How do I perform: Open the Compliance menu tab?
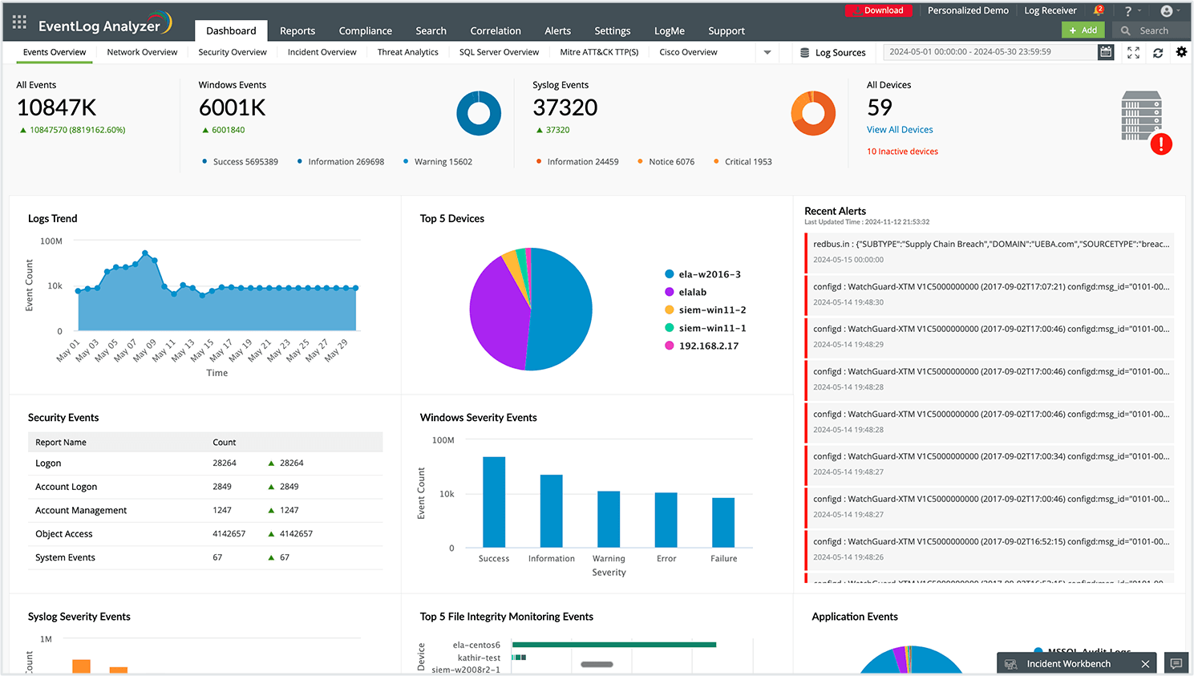coord(365,30)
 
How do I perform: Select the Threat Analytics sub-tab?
coord(407,52)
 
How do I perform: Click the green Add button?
coord(1083,30)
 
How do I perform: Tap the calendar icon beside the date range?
coord(1106,52)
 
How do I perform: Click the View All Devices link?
coord(900,129)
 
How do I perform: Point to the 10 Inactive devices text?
coord(902,152)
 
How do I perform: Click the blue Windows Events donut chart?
coord(479,113)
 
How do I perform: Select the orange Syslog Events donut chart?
coord(813,113)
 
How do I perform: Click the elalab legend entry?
coord(692,292)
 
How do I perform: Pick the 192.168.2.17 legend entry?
coord(708,346)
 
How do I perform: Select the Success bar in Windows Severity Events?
coord(494,501)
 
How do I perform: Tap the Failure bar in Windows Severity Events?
coord(723,522)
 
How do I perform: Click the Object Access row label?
coord(64,534)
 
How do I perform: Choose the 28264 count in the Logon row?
coord(225,463)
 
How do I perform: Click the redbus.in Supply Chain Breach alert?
coord(990,245)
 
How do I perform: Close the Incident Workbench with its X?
coord(1145,664)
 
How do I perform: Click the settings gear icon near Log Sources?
coord(1181,52)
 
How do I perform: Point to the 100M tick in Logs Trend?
coord(51,241)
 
